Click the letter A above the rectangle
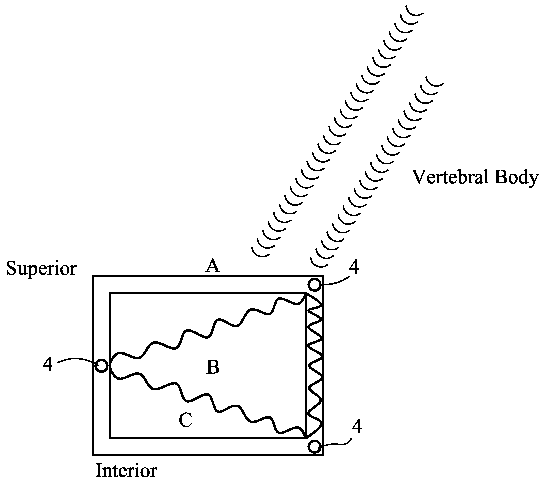click(x=213, y=266)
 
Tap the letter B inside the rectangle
click(x=213, y=368)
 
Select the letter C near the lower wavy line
click(x=185, y=420)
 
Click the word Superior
click(x=42, y=268)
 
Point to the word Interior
click(x=126, y=471)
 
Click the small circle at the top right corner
click(x=314, y=284)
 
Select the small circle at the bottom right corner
click(x=314, y=446)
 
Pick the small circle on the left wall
click(x=101, y=366)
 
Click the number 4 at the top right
click(x=355, y=268)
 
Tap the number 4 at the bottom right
click(x=357, y=427)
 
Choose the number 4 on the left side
click(x=48, y=365)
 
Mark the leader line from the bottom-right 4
click(x=338, y=444)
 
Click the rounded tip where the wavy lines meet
click(x=112, y=366)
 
